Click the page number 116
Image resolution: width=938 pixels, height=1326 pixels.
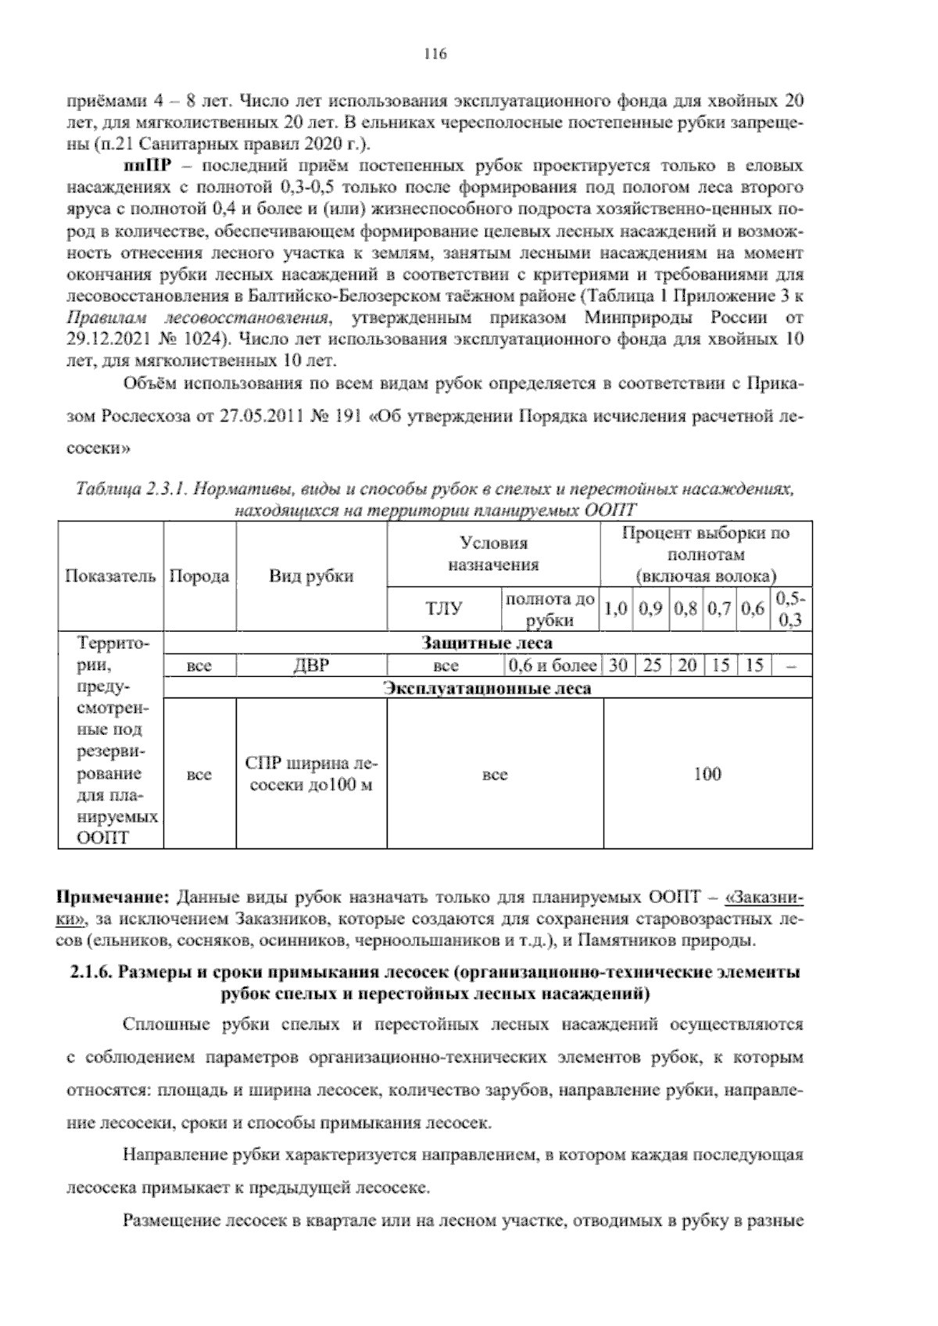pyautogui.click(x=435, y=54)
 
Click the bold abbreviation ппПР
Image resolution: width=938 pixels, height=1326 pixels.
pyautogui.click(x=143, y=167)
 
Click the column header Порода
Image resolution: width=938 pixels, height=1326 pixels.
pyautogui.click(x=199, y=576)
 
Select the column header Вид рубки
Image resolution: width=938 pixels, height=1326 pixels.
pyautogui.click(x=311, y=576)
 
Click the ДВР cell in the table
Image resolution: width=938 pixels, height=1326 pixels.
pyautogui.click(x=311, y=666)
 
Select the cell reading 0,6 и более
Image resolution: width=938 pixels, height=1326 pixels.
pyautogui.click(x=552, y=666)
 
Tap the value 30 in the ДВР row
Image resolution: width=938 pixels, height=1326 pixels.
pyautogui.click(x=618, y=666)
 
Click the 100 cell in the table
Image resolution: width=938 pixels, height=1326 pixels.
pyautogui.click(x=707, y=774)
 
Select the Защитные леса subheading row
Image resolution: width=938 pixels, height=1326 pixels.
pyautogui.click(x=486, y=643)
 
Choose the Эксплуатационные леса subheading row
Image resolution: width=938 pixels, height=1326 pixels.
pyautogui.click(x=486, y=688)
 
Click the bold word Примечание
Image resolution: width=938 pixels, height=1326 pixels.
pyautogui.click(x=116, y=895)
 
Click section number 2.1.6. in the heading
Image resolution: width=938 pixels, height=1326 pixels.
pyautogui.click(x=91, y=973)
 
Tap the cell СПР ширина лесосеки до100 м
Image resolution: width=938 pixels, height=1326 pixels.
pyautogui.click(x=311, y=774)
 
